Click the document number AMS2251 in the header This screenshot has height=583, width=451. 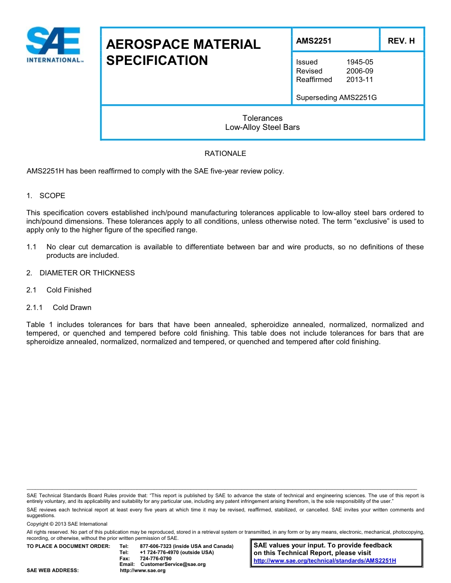pos(314,41)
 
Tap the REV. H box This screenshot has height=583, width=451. pos(401,41)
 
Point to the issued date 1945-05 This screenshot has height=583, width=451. pos(360,62)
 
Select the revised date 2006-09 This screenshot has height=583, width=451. pos(360,71)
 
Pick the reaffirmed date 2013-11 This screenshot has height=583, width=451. pos(360,80)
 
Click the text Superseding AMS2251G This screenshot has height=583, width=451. pos(336,98)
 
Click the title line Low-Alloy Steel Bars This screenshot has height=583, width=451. pos(262,127)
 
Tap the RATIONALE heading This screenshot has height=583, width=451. pos(225,154)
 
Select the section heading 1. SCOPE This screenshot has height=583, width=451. pos(46,196)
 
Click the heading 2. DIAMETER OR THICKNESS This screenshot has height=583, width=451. pos(81,273)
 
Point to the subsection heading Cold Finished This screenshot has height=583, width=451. pos(69,290)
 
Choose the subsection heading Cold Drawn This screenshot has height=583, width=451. pos(72,308)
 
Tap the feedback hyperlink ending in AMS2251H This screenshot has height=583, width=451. pos(325,561)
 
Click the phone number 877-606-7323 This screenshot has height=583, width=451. pos(157,547)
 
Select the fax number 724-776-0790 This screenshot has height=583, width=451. pos(156,558)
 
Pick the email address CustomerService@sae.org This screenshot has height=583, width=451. pos(173,565)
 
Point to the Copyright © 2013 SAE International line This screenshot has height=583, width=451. pos(67,524)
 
